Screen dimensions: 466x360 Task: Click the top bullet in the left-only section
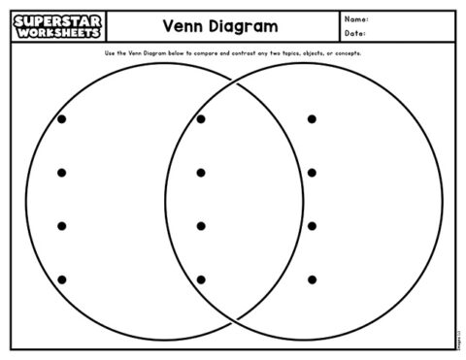[x=62, y=119]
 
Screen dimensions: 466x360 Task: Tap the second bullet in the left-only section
[x=62, y=173]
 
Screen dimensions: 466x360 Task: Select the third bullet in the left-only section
[x=62, y=226]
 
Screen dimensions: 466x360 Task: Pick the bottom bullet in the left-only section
[x=62, y=279]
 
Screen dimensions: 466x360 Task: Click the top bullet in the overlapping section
[x=201, y=119]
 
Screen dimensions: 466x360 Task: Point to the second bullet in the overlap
[x=201, y=173]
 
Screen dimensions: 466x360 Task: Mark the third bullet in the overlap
[x=201, y=226]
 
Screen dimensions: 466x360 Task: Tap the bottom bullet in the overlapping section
[x=201, y=279]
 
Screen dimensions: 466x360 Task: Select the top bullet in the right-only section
[x=312, y=119]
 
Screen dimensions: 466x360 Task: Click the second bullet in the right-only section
[x=312, y=173]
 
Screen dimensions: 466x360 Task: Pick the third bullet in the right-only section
[x=312, y=226]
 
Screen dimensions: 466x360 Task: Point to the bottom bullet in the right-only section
[x=312, y=279]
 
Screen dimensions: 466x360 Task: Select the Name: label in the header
[x=356, y=18]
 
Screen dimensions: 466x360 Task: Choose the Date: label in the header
[x=355, y=34]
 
